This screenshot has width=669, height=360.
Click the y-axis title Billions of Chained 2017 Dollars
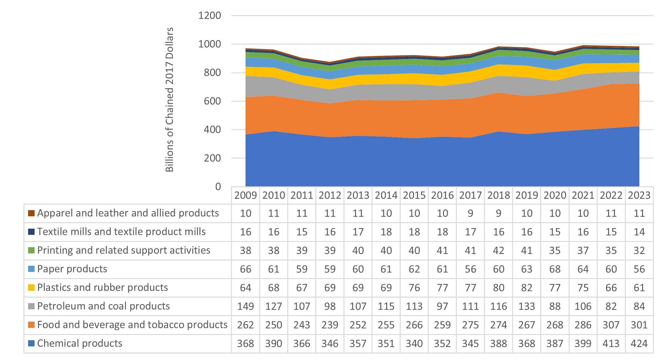coord(170,100)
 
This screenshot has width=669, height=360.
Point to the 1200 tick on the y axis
coord(210,15)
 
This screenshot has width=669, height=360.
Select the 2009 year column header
coord(246,195)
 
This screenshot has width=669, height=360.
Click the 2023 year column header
coord(639,195)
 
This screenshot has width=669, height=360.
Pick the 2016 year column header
coord(442,195)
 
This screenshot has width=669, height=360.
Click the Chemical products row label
coord(80,343)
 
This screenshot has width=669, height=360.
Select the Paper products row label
coord(72,269)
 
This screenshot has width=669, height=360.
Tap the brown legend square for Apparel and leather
coord(31,213)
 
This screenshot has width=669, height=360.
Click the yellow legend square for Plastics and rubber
coord(31,288)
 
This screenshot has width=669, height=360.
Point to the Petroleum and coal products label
coord(103,306)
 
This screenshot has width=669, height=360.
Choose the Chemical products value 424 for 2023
coord(639,344)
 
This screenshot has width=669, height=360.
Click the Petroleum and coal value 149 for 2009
coord(246,306)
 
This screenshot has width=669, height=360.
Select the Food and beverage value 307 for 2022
coord(611,325)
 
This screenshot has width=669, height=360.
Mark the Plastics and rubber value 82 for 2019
coord(527,288)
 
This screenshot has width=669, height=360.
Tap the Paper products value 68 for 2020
coord(555,269)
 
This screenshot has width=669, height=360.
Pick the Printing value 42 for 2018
coord(499,250)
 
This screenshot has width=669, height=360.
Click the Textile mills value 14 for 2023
coord(639,232)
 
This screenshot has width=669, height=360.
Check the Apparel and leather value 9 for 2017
coord(470,213)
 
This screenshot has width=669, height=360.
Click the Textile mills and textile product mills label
coord(121,232)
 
